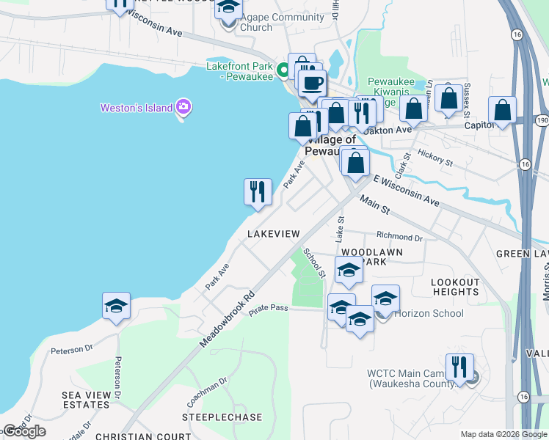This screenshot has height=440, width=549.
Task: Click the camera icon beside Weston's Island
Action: point(183,109)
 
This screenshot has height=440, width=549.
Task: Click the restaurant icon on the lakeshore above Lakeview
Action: point(258,192)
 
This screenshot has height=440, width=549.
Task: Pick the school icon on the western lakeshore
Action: point(116,306)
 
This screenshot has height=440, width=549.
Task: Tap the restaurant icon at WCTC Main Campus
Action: point(459,366)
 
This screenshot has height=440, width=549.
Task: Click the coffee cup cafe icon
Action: point(312,82)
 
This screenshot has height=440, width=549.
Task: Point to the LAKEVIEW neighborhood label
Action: point(274,233)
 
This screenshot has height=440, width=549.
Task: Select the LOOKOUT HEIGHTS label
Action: point(455,287)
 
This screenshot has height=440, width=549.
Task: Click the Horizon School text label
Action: point(429,314)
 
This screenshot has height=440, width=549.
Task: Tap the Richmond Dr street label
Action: point(399,238)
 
